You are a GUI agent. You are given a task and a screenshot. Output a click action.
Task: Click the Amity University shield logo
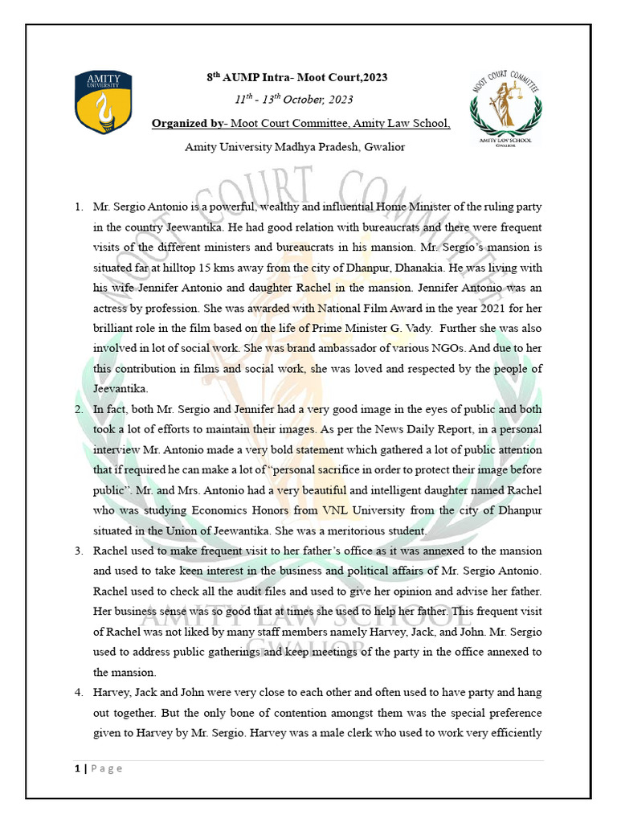[x=104, y=102]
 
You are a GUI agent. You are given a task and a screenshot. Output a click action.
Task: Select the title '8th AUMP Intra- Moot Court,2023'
[x=297, y=77]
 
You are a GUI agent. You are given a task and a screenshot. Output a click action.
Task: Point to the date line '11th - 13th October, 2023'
[x=293, y=100]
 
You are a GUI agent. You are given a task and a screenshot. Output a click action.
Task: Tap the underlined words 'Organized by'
[x=189, y=124]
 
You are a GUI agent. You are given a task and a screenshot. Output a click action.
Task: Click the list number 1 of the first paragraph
[x=79, y=207]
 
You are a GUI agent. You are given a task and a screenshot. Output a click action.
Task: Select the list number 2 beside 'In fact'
[x=79, y=409]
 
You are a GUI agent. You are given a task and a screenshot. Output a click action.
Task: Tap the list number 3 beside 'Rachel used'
[x=79, y=551]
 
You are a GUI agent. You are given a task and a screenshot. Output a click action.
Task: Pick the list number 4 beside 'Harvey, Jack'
[x=79, y=692]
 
